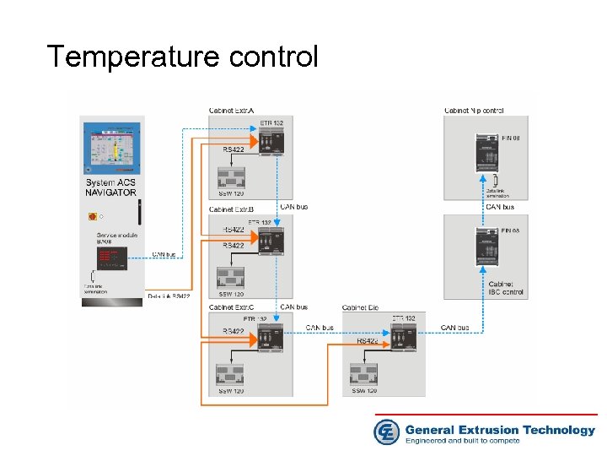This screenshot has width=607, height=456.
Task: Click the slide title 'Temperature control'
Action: (183, 57)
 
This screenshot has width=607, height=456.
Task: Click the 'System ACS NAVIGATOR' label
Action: (110, 187)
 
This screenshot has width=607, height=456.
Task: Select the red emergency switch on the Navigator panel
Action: (92, 216)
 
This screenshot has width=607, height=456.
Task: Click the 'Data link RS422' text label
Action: (169, 296)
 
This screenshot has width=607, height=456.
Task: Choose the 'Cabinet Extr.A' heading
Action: (232, 110)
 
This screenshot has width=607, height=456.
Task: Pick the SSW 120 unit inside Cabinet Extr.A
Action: (232, 177)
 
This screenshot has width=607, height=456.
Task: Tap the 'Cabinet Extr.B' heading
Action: (232, 209)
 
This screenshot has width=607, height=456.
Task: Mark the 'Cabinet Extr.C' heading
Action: (232, 307)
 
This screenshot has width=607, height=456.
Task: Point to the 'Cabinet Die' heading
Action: (360, 307)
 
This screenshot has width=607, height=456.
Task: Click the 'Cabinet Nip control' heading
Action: (474, 111)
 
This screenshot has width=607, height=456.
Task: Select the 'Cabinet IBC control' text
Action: (506, 289)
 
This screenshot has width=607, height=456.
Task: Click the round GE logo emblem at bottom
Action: (386, 432)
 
